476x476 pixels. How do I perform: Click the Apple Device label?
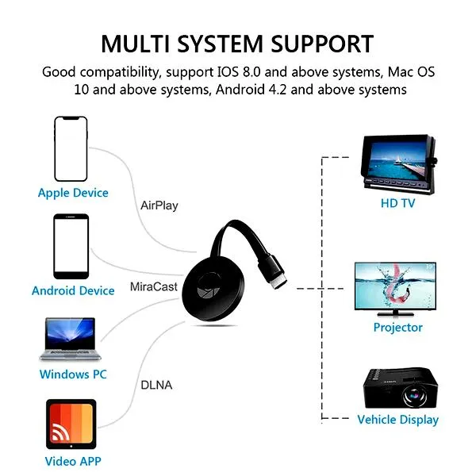[73, 193]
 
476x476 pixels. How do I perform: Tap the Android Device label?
[73, 291]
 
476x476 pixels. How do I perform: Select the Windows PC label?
[73, 374]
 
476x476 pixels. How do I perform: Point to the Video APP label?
[73, 461]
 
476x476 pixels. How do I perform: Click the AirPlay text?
[159, 205]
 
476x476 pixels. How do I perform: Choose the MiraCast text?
[154, 286]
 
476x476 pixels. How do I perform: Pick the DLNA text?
[156, 385]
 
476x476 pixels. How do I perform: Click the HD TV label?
[397, 203]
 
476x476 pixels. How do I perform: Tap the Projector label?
[397, 327]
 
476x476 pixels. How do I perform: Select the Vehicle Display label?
[397, 420]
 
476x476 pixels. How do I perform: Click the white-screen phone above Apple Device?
[71, 149]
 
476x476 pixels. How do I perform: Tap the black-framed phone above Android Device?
[71, 247]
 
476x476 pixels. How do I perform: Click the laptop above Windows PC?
[70, 339]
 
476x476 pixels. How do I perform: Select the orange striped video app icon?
[71, 424]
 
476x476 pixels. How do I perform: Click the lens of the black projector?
[413, 396]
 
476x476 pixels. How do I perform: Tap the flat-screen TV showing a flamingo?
[395, 289]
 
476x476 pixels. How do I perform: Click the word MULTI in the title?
[136, 44]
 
